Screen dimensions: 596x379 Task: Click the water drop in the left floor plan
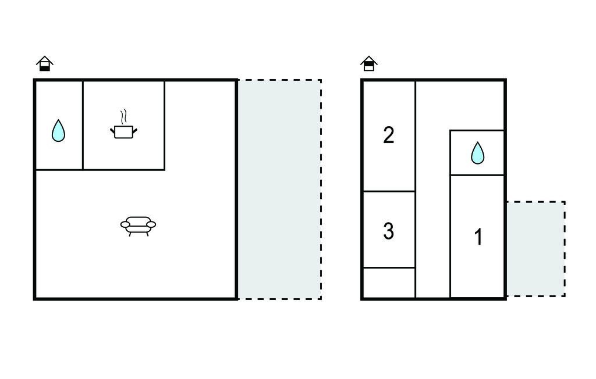pos(58,131)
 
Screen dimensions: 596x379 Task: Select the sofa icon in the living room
pos(138,226)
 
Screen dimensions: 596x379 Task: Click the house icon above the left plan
pos(45,63)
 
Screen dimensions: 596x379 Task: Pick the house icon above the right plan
pos(368,63)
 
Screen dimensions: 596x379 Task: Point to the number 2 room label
pos(388,135)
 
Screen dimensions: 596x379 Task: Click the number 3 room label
pos(388,231)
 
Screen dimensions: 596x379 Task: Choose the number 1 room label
pos(478,237)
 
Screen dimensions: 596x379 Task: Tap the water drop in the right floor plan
pos(478,153)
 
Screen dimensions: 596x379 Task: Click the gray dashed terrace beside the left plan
pos(280,189)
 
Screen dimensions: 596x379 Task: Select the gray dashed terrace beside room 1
pos(535,249)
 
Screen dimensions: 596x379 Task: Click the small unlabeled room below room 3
pos(389,283)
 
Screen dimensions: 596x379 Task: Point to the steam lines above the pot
pos(123,117)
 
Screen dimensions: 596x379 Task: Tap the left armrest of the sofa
pos(125,225)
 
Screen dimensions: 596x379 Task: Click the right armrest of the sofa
pos(151,225)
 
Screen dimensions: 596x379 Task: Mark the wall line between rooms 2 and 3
pos(389,191)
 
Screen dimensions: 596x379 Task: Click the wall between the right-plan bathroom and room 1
pos(477,175)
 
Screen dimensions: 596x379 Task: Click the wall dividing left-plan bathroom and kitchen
pos(83,125)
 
